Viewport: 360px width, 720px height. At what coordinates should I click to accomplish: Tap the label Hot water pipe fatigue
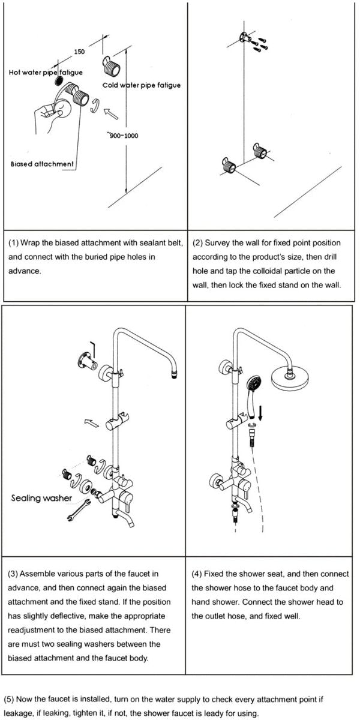pos(46,73)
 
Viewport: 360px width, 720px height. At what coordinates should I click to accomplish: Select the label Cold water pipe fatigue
pos(141,85)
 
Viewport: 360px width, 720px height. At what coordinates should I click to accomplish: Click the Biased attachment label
pos(42,164)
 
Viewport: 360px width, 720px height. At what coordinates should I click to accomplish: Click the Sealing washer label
pos(41,498)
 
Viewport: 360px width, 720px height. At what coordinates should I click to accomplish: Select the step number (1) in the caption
pos(14,243)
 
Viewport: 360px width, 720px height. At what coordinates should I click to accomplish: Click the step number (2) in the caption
pos(198,243)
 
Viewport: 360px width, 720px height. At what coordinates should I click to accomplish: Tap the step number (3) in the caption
pos(14,574)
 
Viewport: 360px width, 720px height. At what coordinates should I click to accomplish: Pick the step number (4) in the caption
pos(198,574)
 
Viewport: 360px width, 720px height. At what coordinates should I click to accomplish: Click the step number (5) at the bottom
pos(10,699)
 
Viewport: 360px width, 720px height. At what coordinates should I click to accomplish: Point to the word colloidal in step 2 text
pos(292,271)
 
